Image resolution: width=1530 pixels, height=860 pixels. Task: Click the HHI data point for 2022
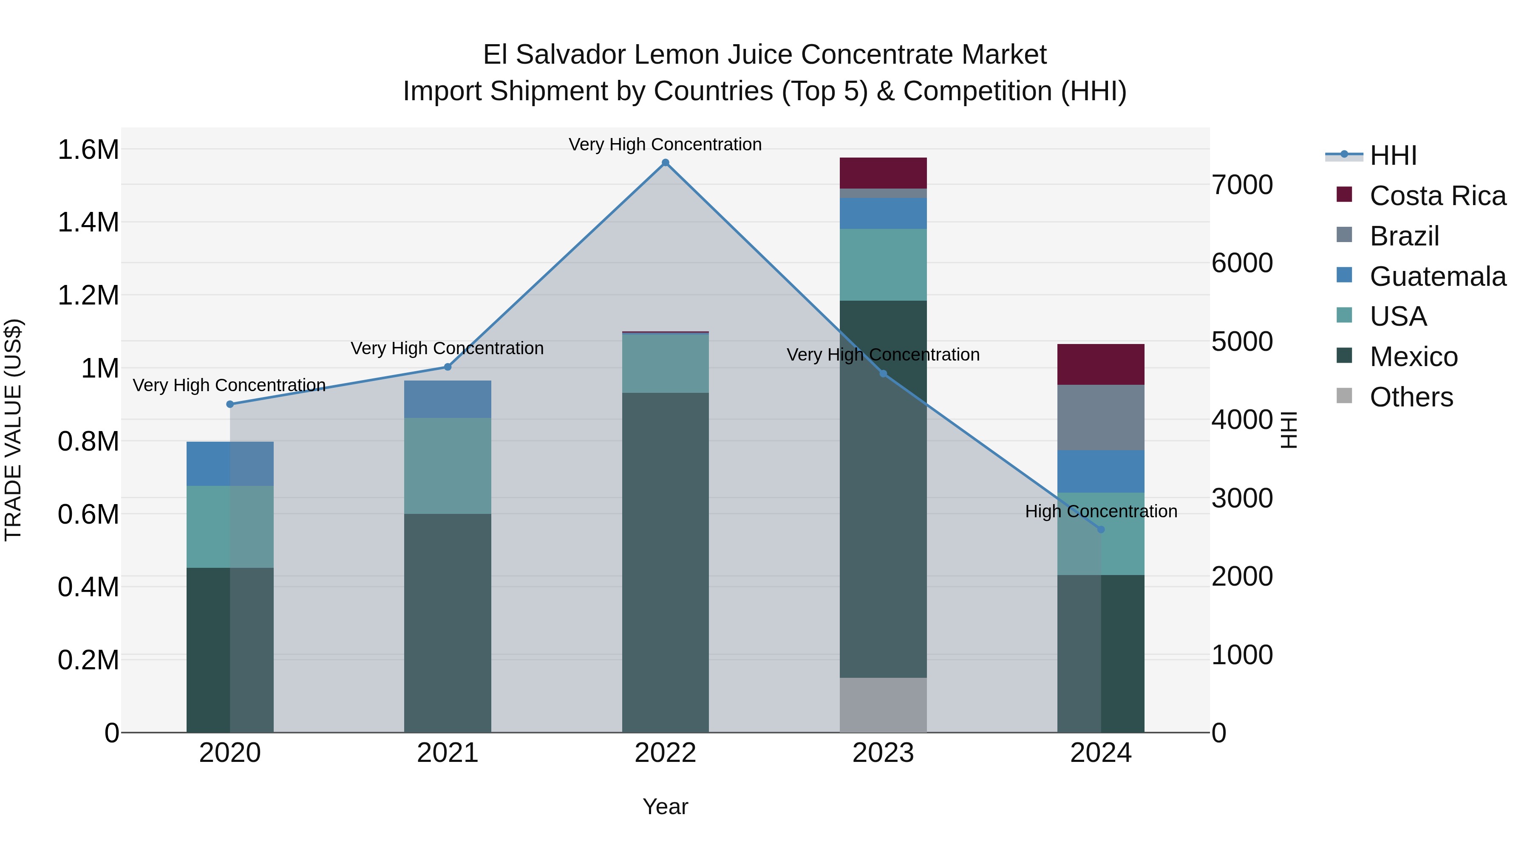pyautogui.click(x=665, y=163)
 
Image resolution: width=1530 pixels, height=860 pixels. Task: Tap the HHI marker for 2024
pyautogui.click(x=1101, y=530)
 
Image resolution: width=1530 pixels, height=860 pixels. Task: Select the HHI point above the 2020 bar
pyautogui.click(x=230, y=404)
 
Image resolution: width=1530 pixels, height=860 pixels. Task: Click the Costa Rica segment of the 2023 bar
pyautogui.click(x=883, y=173)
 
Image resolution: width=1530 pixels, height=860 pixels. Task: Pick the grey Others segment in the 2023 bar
pyautogui.click(x=883, y=705)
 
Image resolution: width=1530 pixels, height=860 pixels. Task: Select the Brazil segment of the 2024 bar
pyautogui.click(x=1101, y=417)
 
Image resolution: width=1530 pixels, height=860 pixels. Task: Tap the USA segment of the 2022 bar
pyautogui.click(x=665, y=363)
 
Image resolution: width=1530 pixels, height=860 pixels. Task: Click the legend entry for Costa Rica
pyautogui.click(x=1437, y=196)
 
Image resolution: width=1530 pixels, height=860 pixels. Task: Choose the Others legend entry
pyautogui.click(x=1411, y=397)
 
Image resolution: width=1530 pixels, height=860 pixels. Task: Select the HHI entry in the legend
pyautogui.click(x=1393, y=155)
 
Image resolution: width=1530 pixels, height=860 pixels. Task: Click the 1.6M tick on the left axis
pyautogui.click(x=88, y=149)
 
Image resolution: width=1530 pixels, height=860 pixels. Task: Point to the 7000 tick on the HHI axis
pyautogui.click(x=1242, y=185)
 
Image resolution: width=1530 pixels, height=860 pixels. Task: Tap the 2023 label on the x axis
pyautogui.click(x=883, y=753)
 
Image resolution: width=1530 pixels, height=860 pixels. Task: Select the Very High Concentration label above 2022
pyautogui.click(x=665, y=144)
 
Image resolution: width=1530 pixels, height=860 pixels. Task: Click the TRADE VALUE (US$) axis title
pyautogui.click(x=14, y=430)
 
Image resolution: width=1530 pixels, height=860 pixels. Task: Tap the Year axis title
pyautogui.click(x=665, y=806)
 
